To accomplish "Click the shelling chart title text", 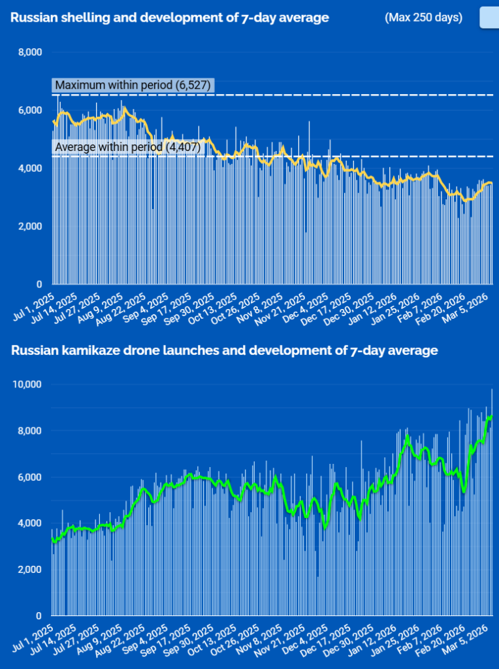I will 169,18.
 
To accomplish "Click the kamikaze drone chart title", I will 224,351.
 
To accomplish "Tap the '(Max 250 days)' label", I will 423,18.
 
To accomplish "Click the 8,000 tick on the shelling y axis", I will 29,52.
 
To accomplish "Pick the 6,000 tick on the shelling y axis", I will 29,110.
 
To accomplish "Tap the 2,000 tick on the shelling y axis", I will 29,227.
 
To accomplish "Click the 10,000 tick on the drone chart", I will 27,384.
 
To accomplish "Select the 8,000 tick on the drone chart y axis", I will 29,431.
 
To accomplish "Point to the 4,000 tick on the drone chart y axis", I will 29,523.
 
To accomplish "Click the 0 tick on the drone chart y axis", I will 39,616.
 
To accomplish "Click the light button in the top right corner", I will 489,18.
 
